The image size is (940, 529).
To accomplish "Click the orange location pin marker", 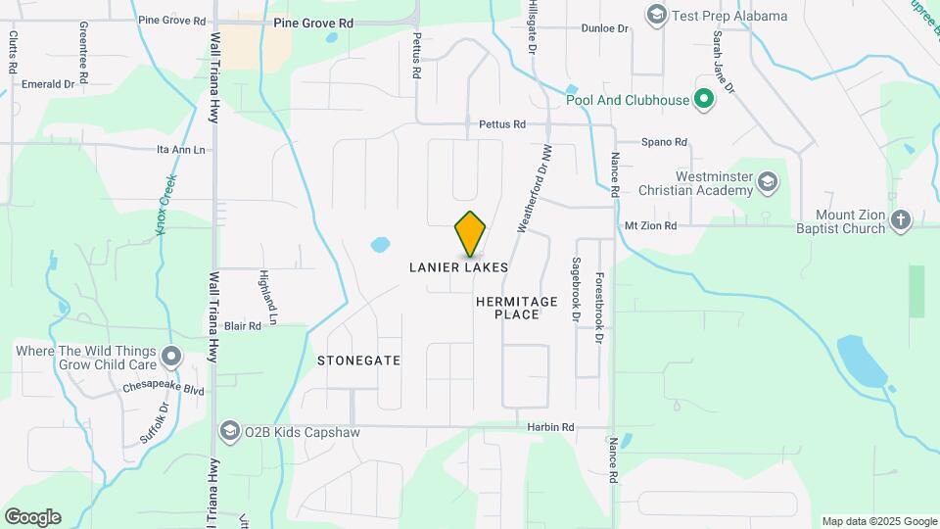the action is [470, 234].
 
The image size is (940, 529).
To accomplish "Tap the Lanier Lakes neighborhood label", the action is [458, 267].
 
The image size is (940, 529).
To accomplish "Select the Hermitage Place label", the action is [516, 308].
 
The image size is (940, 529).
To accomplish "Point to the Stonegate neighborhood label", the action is [358, 361].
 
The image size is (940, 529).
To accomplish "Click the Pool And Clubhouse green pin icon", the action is [702, 99].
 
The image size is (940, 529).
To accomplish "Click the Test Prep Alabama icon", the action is [656, 16].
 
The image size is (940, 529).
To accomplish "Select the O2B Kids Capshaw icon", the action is [230, 431].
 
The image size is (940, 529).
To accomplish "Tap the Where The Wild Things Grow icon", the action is [171, 356].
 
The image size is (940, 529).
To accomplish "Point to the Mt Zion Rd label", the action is [650, 225].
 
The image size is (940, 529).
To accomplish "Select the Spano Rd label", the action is [664, 142].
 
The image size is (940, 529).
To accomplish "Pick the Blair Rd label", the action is [242, 325].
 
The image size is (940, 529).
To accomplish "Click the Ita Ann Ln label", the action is [181, 150].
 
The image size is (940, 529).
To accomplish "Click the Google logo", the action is [32, 517].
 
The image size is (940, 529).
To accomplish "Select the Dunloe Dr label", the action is [603, 28].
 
